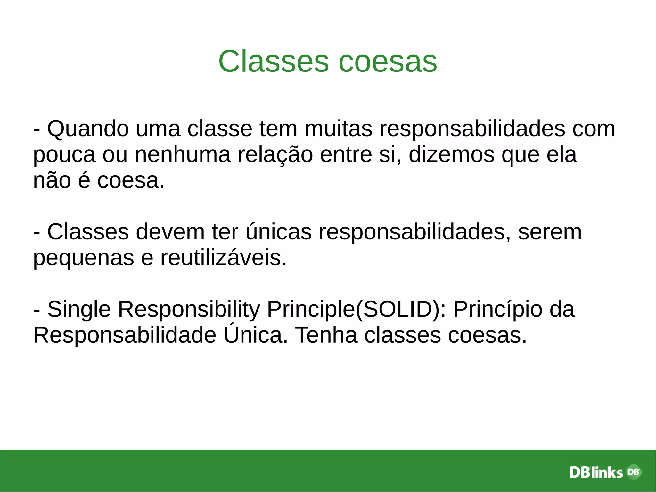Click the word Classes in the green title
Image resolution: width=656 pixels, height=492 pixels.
[273, 61]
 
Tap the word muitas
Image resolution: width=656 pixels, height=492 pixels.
[338, 129]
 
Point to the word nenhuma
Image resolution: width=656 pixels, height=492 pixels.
[183, 154]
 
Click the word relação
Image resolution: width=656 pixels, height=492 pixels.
[275, 154]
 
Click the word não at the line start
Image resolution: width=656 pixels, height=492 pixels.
[52, 180]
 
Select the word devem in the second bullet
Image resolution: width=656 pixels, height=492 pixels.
[170, 232]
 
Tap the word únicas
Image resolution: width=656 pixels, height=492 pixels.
[278, 232]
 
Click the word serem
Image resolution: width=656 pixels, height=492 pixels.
[550, 232]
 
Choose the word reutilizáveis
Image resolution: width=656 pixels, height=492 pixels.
[223, 258]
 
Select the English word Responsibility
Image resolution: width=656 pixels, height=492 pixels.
[189, 310]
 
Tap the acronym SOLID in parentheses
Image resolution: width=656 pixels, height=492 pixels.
[398, 309]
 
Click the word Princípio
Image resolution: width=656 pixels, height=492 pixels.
[498, 310]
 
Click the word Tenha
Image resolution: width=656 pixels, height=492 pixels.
[326, 335]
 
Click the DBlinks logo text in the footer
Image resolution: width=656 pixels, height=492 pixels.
[596, 472]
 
